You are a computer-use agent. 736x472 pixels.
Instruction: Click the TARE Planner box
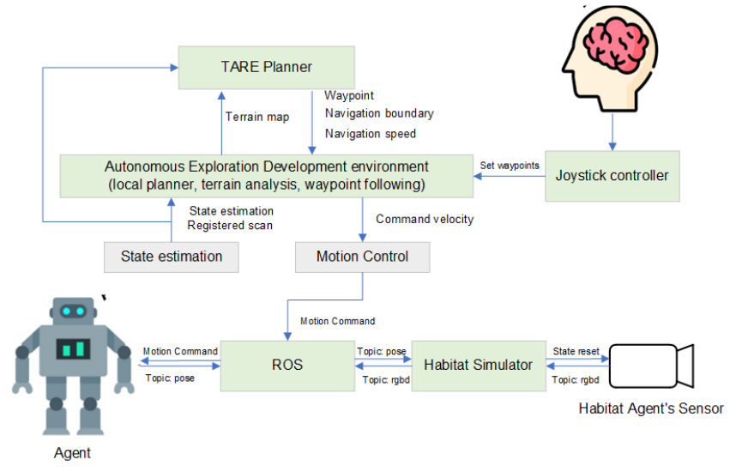tap(265, 67)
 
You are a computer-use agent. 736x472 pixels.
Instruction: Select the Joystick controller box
tap(612, 176)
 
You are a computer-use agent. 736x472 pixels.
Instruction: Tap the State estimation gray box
tap(171, 257)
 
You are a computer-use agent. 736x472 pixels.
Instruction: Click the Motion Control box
tap(362, 257)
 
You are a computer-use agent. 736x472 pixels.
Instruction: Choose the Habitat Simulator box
tap(478, 365)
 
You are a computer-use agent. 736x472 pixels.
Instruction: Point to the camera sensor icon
tap(650, 366)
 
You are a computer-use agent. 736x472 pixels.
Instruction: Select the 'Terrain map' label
tap(257, 118)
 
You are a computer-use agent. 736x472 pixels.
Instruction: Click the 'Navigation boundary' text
tap(378, 113)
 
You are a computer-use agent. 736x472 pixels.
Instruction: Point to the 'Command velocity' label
tap(425, 219)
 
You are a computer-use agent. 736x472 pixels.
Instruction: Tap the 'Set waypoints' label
tap(510, 165)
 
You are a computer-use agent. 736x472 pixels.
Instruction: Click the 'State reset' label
tap(575, 351)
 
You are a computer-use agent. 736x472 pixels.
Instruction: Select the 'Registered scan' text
tap(229, 227)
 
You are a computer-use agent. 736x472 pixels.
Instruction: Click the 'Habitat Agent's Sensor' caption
tap(650, 408)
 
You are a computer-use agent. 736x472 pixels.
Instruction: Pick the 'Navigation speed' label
tap(370, 133)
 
